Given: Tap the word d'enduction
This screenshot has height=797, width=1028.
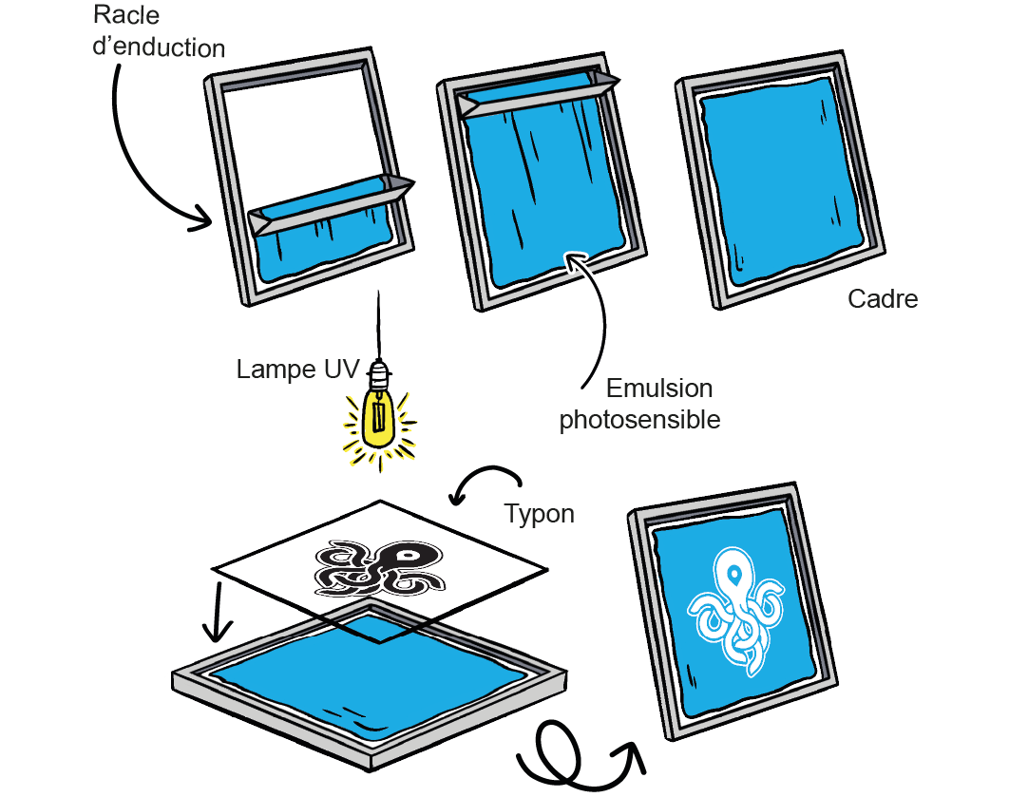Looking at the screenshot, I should [159, 47].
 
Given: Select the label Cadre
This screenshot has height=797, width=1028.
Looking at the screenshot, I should [883, 299].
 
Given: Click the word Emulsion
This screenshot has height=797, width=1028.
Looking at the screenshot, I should [658, 389].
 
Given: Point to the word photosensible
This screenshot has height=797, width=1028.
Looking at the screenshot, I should [639, 420].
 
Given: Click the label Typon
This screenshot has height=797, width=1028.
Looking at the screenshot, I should [539, 514].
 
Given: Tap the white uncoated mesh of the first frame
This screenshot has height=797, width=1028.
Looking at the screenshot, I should [303, 133].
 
